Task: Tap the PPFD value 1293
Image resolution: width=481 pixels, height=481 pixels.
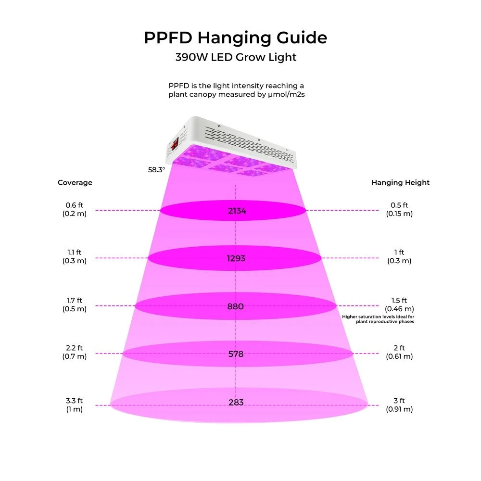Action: click(x=236, y=258)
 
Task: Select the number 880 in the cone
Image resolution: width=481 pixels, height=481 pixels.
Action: click(x=236, y=306)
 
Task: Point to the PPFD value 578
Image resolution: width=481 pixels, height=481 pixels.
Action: click(x=236, y=354)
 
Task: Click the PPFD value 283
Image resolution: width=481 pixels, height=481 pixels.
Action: click(x=236, y=402)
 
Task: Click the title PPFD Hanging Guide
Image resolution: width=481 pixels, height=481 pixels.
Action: click(x=236, y=38)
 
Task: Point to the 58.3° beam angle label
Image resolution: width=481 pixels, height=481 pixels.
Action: click(x=156, y=169)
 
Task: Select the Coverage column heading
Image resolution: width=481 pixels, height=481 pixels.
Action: click(x=75, y=183)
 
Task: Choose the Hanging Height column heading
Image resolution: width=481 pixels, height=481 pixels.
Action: click(x=400, y=183)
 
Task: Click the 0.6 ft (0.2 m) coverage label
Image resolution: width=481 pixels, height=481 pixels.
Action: click(x=75, y=210)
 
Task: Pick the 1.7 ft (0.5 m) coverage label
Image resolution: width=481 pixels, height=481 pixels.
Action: click(x=75, y=305)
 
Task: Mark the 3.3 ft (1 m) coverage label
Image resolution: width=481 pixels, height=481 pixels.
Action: click(x=75, y=405)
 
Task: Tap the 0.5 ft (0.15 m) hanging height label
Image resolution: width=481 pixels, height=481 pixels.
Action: click(x=399, y=210)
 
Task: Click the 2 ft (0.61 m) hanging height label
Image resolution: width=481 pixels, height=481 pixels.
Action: click(x=399, y=352)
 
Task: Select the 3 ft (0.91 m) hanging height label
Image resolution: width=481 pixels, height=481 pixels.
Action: click(x=399, y=405)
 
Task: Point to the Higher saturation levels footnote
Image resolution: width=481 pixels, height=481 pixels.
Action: click(x=378, y=319)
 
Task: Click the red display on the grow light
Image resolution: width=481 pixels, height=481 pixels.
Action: click(x=175, y=143)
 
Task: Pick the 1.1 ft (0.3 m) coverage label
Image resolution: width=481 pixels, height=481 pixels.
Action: click(x=75, y=257)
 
